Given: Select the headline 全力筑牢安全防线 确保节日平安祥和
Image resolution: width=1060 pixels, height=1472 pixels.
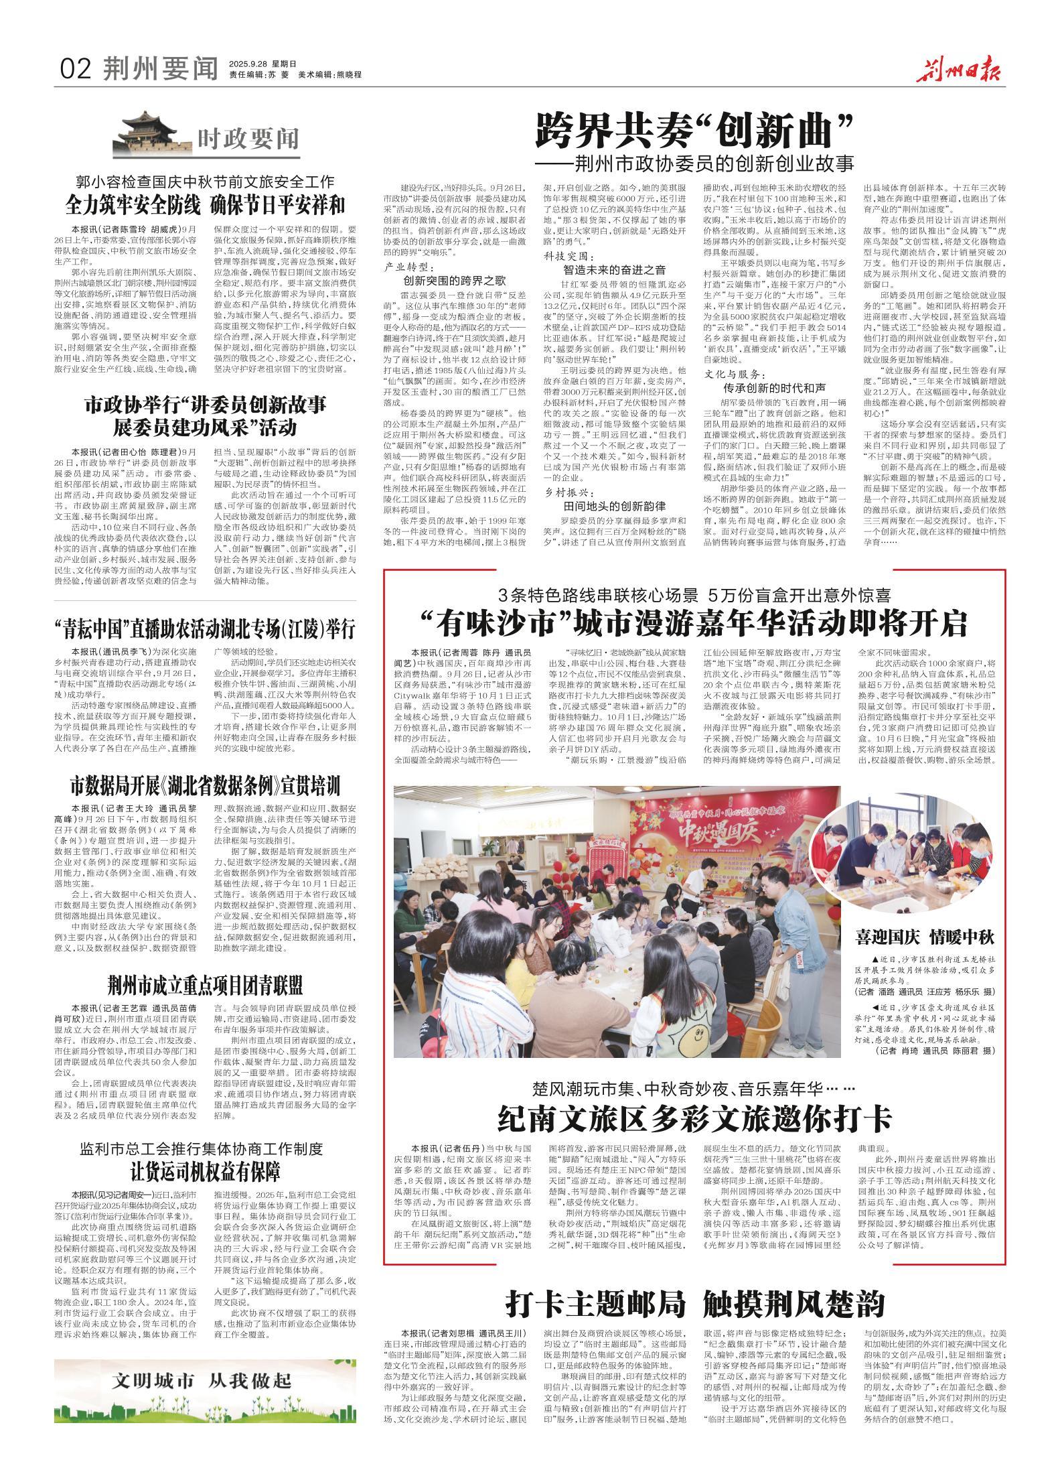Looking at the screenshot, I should pos(205,204).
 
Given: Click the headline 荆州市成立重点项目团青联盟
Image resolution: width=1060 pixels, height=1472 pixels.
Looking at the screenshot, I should pos(206,985).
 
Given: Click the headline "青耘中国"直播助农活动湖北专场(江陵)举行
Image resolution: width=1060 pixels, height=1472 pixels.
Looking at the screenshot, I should pos(205,628).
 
